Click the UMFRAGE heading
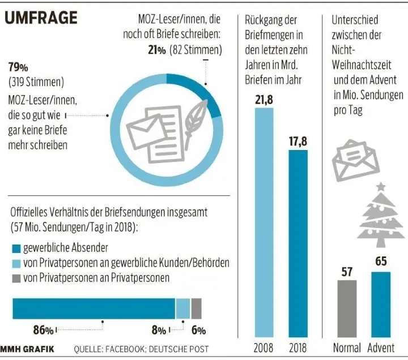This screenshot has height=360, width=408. pyautogui.click(x=41, y=18)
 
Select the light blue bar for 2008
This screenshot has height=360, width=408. pyautogui.click(x=263, y=221)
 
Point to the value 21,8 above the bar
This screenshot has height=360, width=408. pyautogui.click(x=263, y=100)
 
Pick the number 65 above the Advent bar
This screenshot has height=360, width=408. pyautogui.click(x=381, y=262)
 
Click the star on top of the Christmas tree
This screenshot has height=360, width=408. pyautogui.click(x=381, y=186)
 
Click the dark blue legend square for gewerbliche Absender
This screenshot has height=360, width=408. pyautogui.click(x=16, y=248)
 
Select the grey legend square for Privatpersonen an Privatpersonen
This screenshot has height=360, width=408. pyautogui.click(x=16, y=278)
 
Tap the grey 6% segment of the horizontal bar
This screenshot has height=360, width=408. pyautogui.click(x=197, y=309)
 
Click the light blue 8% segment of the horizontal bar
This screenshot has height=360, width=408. pyautogui.click(x=182, y=309)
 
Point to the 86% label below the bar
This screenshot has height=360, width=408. pyautogui.click(x=43, y=330)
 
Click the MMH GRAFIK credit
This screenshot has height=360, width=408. pyautogui.click(x=28, y=349)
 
